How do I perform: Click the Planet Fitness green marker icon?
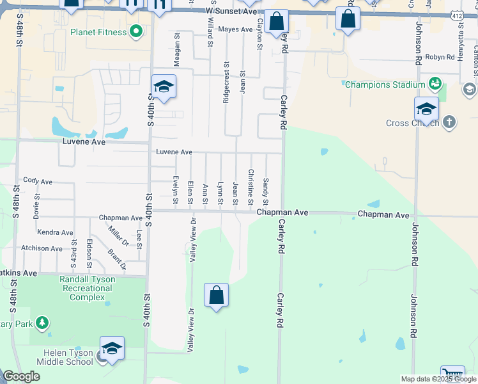(x=136, y=31)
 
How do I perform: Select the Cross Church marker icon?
(x=449, y=122)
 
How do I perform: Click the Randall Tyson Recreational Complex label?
(x=87, y=288)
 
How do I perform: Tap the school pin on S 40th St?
(x=164, y=88)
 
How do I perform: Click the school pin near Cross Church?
(x=426, y=110)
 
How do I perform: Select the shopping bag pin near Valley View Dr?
(x=217, y=296)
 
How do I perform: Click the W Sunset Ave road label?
(x=231, y=12)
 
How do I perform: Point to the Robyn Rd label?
(x=439, y=57)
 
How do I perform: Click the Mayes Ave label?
(x=235, y=29)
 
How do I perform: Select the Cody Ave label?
(x=38, y=182)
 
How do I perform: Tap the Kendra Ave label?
(x=55, y=232)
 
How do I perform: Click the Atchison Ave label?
(x=42, y=248)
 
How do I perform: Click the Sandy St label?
(x=266, y=188)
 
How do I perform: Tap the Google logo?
(x=21, y=376)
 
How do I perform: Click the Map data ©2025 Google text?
(x=438, y=379)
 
